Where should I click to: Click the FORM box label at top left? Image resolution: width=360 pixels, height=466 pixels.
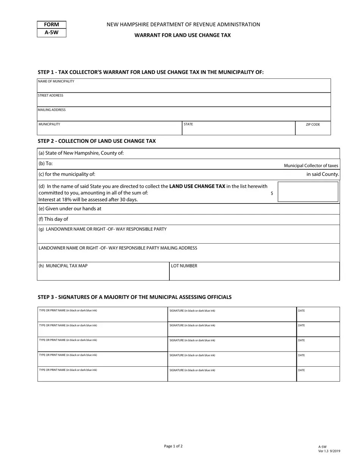click(x=52, y=25)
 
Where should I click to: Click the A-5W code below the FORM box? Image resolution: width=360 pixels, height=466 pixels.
click(x=52, y=33)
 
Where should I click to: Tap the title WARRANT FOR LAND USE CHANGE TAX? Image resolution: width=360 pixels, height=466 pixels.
click(x=182, y=35)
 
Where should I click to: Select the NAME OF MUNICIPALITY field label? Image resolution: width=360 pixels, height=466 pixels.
click(x=56, y=81)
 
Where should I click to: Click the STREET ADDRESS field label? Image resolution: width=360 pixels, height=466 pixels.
click(x=50, y=95)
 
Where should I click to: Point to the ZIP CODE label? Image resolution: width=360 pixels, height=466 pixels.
click(x=313, y=124)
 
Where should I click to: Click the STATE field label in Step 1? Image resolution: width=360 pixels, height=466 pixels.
click(x=188, y=124)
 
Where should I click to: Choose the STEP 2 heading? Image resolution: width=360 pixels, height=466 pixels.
click(x=97, y=141)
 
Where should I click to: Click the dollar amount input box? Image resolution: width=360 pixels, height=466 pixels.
click(x=308, y=191)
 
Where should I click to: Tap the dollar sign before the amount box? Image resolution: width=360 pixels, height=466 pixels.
click(x=272, y=194)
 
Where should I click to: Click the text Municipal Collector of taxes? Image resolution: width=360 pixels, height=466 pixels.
click(x=311, y=166)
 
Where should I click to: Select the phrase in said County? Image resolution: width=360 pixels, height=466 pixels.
click(x=322, y=174)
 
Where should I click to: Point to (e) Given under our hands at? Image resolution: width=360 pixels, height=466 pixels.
click(x=70, y=208)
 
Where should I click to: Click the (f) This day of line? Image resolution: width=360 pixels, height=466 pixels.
click(x=53, y=219)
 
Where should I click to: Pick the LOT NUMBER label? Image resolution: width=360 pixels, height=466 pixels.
click(x=184, y=266)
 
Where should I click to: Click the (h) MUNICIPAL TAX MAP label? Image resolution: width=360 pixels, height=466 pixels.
click(x=63, y=266)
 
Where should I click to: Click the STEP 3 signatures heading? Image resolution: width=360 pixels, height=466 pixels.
click(x=135, y=297)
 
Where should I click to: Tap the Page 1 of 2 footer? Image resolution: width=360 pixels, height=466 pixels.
click(x=173, y=446)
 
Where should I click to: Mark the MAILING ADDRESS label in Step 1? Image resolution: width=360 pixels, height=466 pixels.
click(x=52, y=110)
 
